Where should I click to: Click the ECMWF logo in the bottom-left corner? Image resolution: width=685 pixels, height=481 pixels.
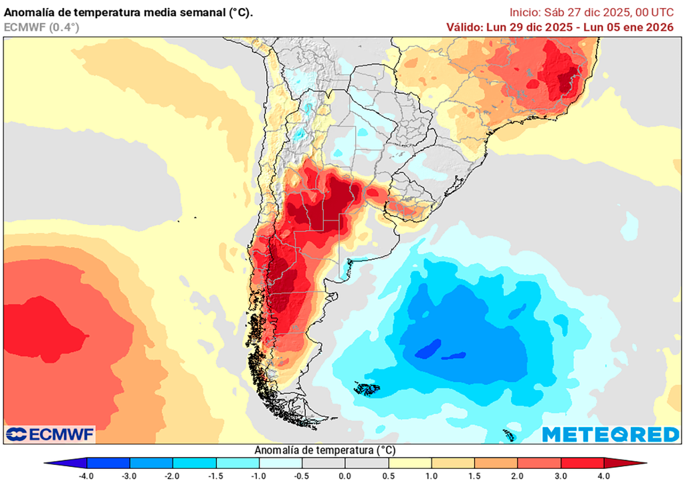[x=50, y=435]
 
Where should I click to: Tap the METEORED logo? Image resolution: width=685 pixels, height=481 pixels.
[x=610, y=435]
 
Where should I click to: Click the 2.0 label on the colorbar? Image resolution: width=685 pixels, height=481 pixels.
[x=518, y=476]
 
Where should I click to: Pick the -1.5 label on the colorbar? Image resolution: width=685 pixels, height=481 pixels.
[x=215, y=476]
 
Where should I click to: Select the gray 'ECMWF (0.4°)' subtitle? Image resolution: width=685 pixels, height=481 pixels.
[x=41, y=27]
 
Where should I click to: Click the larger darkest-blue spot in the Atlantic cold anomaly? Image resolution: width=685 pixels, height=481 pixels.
[x=427, y=349]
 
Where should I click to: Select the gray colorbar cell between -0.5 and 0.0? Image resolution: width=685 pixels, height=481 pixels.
[x=323, y=463]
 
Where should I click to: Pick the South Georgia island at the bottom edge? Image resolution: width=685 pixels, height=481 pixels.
[x=508, y=436]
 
